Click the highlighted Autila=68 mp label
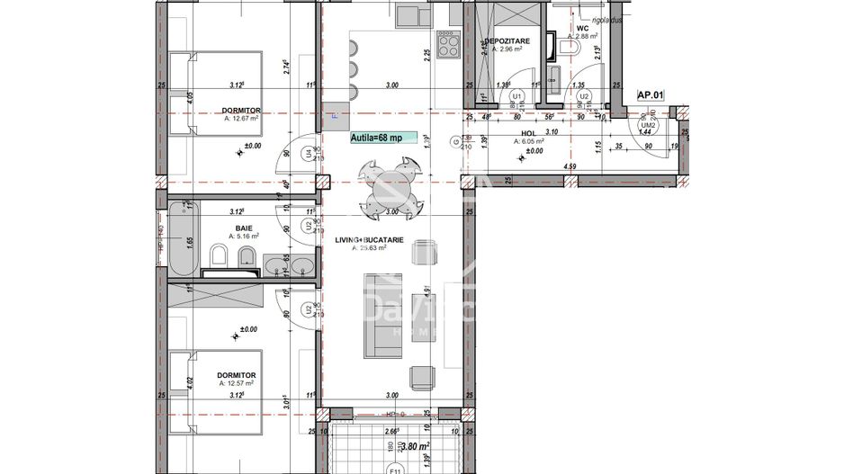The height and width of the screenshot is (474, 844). pyautogui.click(x=383, y=139)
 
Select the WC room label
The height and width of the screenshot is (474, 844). pyautogui.click(x=582, y=28)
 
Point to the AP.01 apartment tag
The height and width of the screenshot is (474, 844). pyautogui.click(x=650, y=94)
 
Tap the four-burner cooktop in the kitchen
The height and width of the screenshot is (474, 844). pyautogui.click(x=448, y=44)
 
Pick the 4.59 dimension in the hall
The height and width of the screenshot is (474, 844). pyautogui.click(x=570, y=167)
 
